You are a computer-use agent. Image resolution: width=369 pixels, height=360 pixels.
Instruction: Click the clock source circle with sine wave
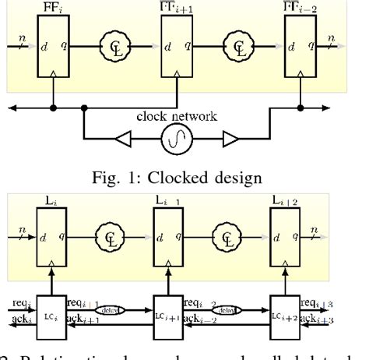click(x=184, y=143)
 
